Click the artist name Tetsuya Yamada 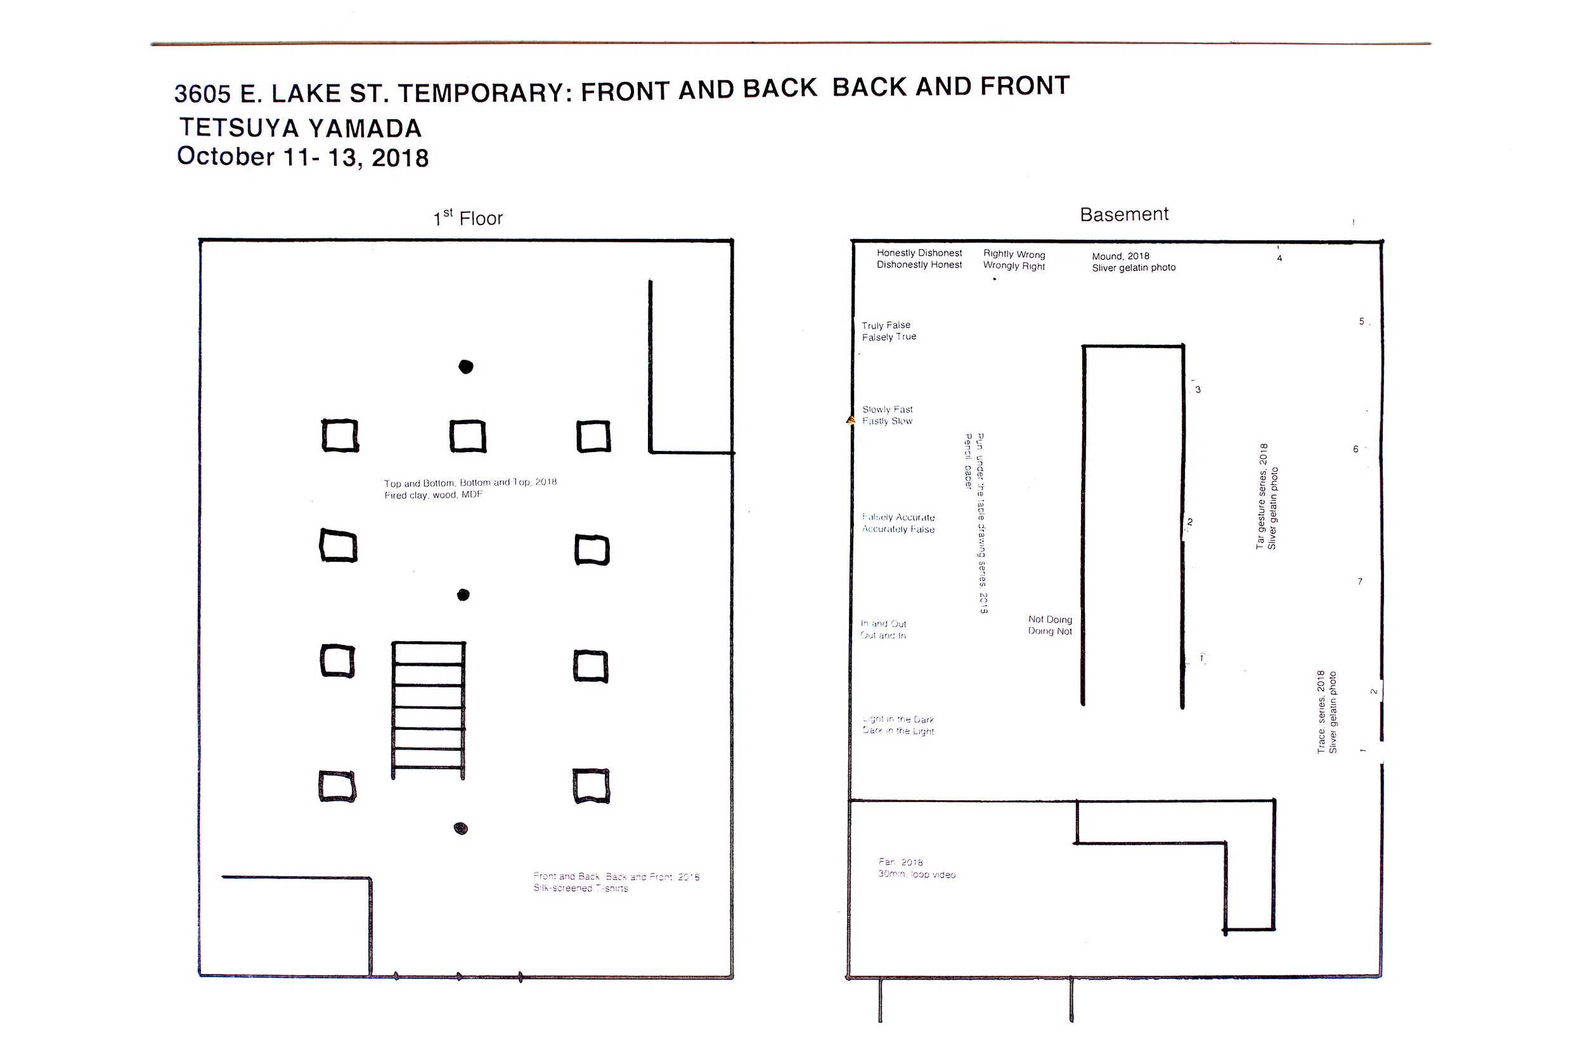click(x=301, y=128)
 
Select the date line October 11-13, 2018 click(x=302, y=157)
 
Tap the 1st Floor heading click(x=468, y=217)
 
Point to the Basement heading click(x=1123, y=214)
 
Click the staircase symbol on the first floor click(x=429, y=710)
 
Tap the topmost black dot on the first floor click(x=465, y=366)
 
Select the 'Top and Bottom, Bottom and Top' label click(x=470, y=489)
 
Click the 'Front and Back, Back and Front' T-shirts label click(x=616, y=883)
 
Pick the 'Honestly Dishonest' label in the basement click(x=919, y=259)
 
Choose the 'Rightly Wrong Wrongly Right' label click(x=1014, y=260)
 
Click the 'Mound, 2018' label click(x=1134, y=261)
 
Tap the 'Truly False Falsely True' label click(x=888, y=331)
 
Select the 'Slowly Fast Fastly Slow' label click(x=887, y=415)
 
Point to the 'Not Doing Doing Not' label click(x=1049, y=625)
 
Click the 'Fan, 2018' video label click(x=917, y=868)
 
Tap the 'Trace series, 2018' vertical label click(x=1326, y=711)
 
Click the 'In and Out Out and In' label click(x=883, y=630)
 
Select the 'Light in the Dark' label click(x=898, y=725)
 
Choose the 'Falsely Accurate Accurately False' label click(x=898, y=523)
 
